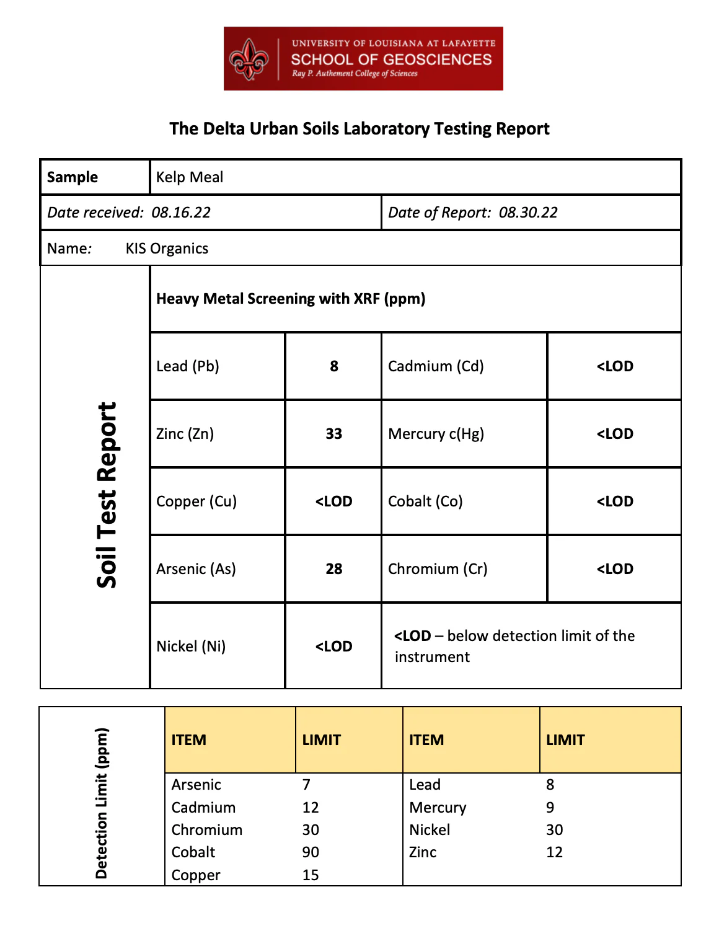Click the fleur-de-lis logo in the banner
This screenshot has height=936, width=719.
pos(249,59)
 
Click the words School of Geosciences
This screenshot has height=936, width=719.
pos(391,60)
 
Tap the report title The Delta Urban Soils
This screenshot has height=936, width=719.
pos(359,128)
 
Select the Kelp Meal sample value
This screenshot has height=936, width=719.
pos(190,177)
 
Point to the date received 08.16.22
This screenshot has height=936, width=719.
pos(181,213)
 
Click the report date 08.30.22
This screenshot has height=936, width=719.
pos(528,213)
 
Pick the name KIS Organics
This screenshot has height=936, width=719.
pos(167,249)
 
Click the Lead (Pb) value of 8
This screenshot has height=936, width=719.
pos(334,366)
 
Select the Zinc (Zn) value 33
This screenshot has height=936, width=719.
pos(334,434)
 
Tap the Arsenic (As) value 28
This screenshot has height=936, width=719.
pos(334,569)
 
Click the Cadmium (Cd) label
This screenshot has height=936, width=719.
pos(436,366)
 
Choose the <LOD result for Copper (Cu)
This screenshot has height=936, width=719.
pos(334,501)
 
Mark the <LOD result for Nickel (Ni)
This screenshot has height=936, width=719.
pos(334,647)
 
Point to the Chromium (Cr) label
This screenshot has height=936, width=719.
pos(438,569)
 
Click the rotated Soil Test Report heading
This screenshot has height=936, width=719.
pos(107,495)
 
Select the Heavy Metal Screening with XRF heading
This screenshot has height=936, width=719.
pos(291,299)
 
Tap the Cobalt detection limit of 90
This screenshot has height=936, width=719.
pos(311,852)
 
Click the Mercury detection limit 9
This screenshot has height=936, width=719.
pos(550,808)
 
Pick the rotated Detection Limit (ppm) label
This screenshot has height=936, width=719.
pos(102,803)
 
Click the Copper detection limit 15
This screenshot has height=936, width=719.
pos(311,875)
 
